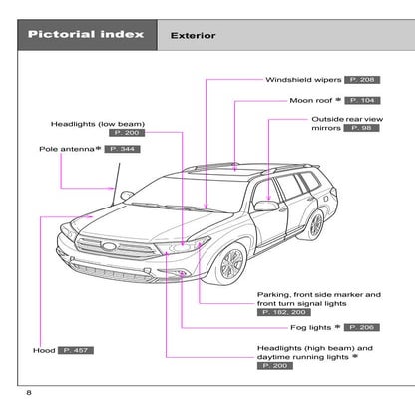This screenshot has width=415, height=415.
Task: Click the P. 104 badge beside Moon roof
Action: coord(362,100)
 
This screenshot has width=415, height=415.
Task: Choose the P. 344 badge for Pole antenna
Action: coord(123,149)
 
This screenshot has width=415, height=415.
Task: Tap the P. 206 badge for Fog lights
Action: coord(362,327)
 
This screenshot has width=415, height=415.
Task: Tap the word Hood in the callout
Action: coord(42,351)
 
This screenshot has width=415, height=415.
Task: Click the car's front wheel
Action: coord(231,266)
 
